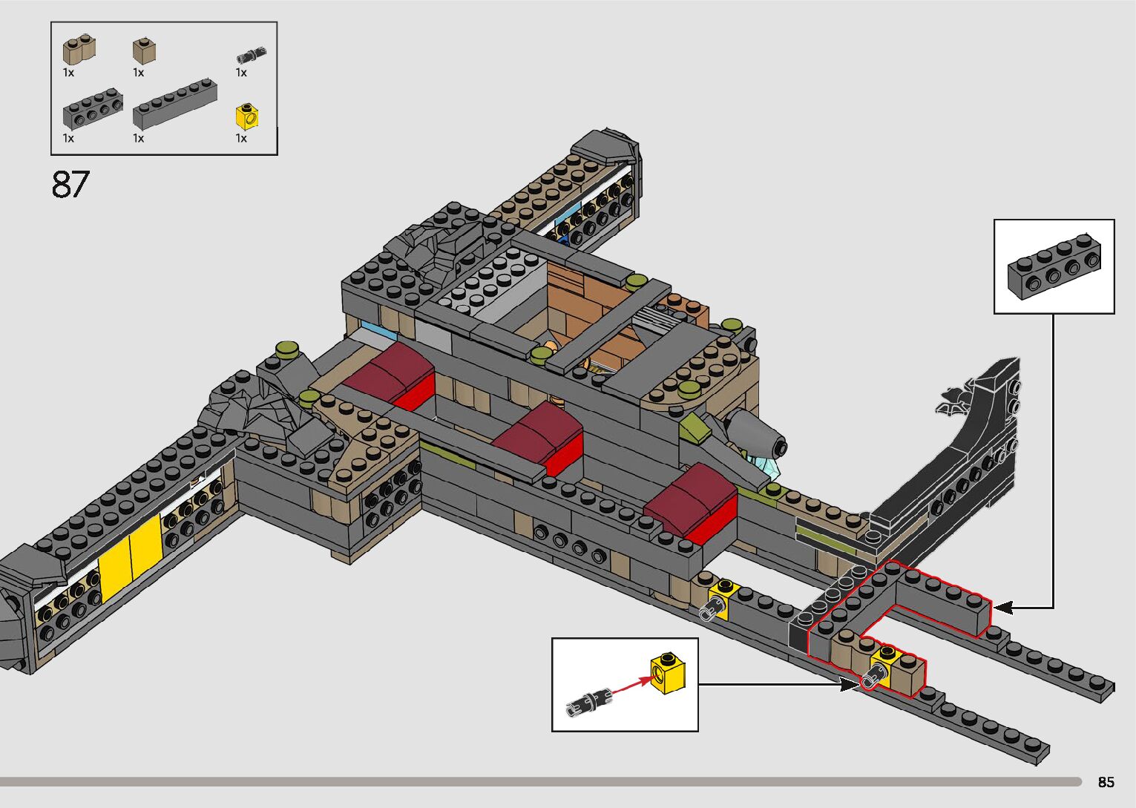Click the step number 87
point(70,185)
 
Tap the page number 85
point(1106,782)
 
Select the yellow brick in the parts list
point(247,116)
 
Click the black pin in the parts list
point(251,54)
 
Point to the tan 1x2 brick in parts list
point(79,50)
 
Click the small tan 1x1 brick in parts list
point(144,50)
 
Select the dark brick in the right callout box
point(1054,266)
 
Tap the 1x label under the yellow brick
point(241,138)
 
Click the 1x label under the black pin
point(241,73)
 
